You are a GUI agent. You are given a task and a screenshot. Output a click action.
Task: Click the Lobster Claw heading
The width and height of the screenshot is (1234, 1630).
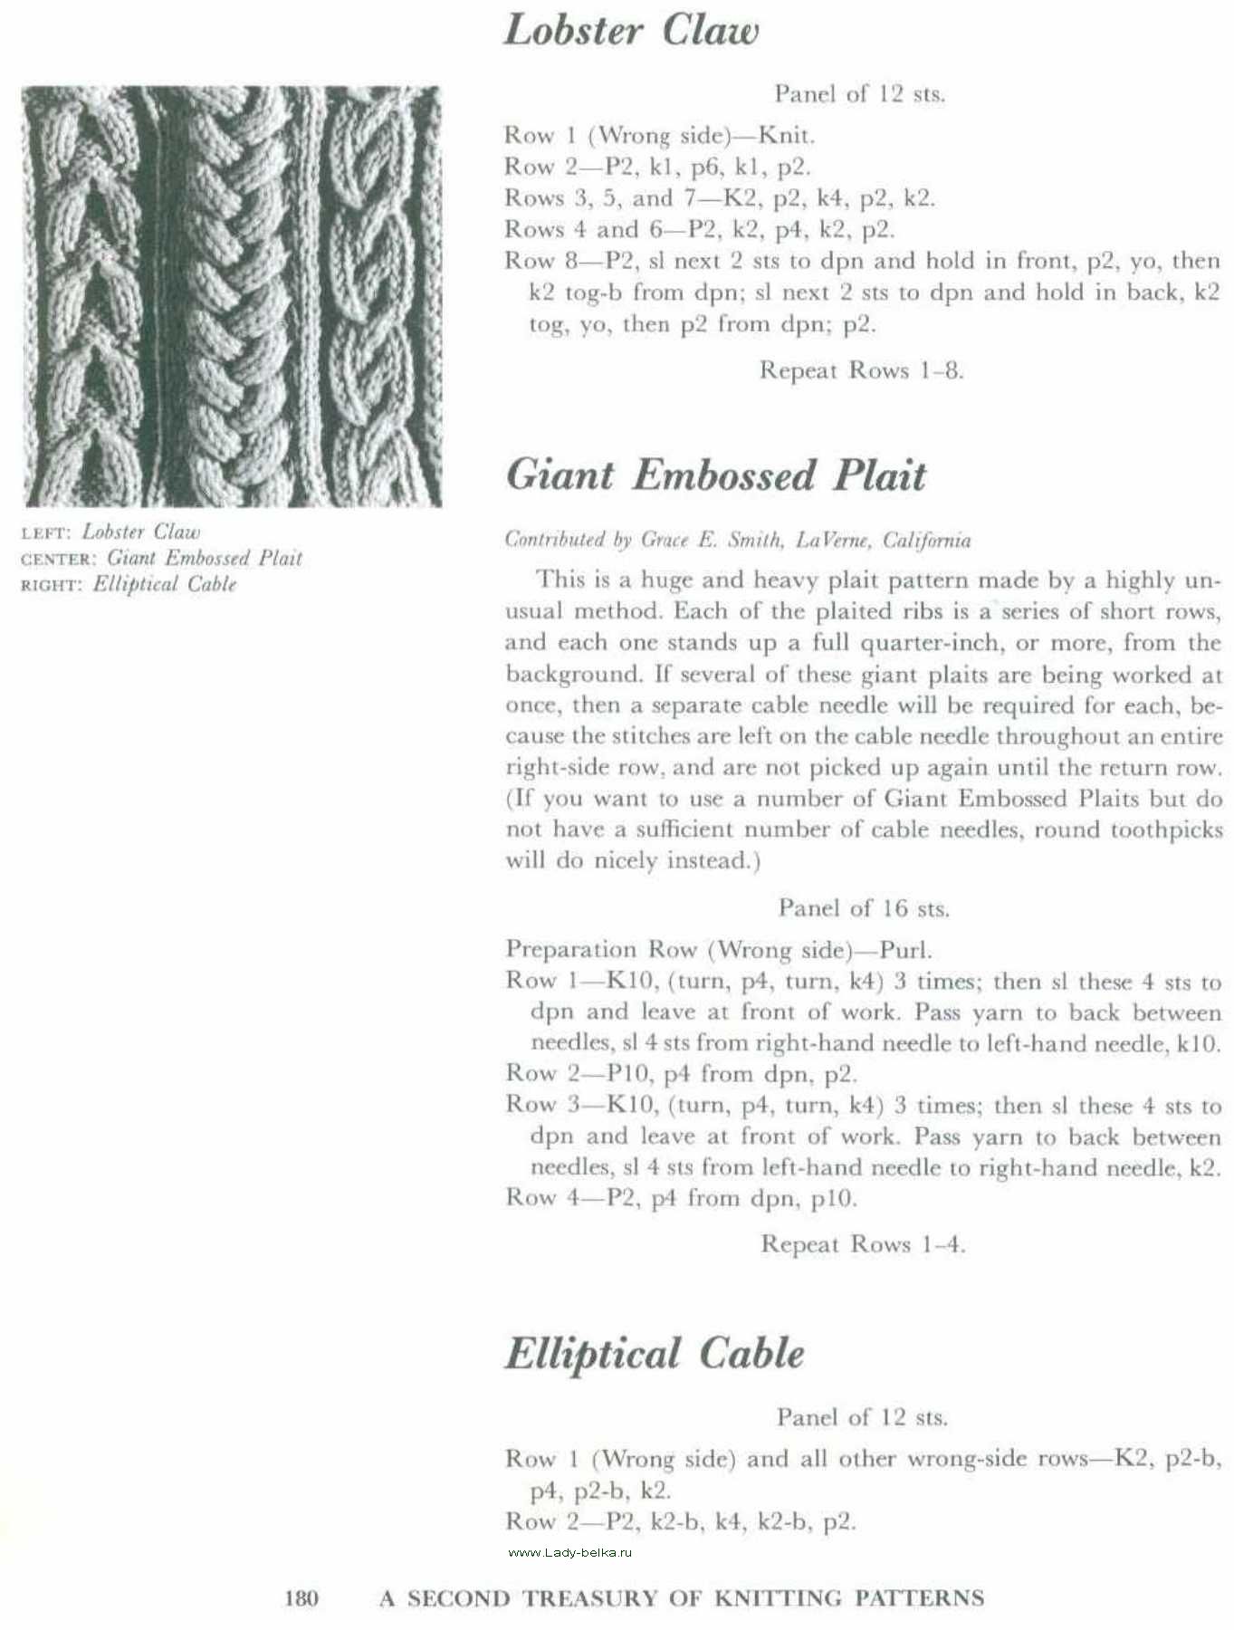click(630, 30)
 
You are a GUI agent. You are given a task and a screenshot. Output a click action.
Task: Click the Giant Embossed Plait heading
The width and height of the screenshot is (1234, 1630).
click(715, 475)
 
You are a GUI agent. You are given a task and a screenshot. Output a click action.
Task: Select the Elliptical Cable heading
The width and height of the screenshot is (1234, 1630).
click(654, 1354)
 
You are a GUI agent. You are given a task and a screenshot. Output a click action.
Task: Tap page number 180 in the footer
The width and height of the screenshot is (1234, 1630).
click(301, 1598)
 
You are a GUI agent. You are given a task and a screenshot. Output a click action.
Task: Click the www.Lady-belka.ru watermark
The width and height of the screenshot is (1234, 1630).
click(570, 1552)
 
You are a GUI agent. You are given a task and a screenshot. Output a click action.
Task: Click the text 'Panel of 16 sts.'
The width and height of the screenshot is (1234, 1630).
click(863, 908)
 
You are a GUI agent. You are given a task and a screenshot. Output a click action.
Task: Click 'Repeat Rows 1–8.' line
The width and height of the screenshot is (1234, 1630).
click(861, 370)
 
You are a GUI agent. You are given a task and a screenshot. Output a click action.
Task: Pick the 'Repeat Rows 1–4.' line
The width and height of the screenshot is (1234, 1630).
click(863, 1244)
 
